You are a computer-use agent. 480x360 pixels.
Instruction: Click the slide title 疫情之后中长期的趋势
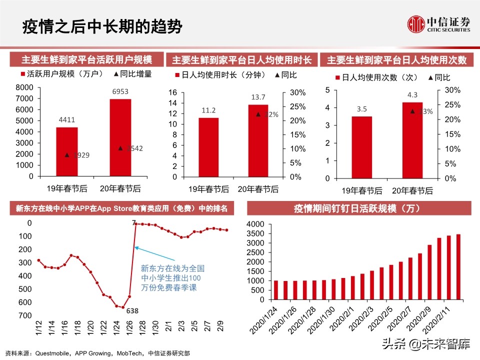[x=102, y=26]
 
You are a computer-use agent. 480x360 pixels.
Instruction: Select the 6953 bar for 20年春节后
[x=120, y=137]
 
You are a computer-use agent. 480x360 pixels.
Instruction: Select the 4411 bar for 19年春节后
[x=66, y=151]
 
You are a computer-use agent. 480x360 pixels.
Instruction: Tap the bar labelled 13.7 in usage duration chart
[x=257, y=140]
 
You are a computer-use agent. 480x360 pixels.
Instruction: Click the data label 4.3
[x=412, y=94]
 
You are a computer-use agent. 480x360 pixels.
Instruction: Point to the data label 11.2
[x=209, y=110]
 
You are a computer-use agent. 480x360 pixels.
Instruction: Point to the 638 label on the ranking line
[x=132, y=311]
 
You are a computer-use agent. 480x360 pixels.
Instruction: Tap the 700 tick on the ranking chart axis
[x=24, y=315]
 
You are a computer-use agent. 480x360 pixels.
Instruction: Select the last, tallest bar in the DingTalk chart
[x=458, y=267]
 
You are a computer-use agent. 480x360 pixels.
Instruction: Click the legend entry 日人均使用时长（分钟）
[x=221, y=75]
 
